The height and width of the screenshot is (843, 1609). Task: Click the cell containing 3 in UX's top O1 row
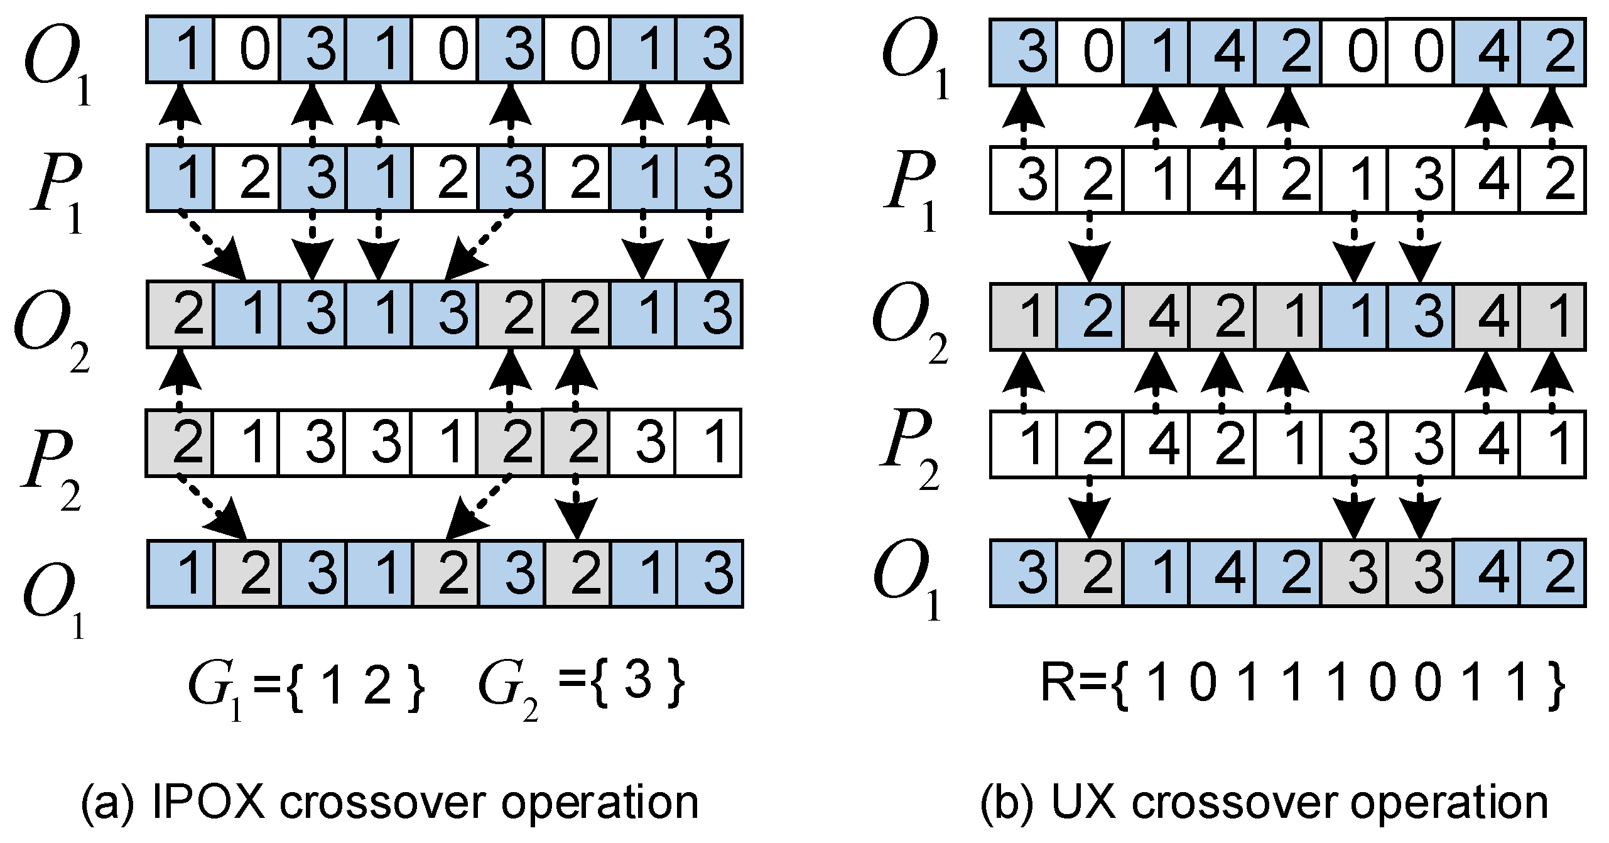pyautogui.click(x=1023, y=51)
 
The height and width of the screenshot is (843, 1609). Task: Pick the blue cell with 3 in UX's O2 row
pyautogui.click(x=1420, y=315)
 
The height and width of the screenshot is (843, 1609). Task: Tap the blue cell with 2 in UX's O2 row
pyautogui.click(x=1090, y=315)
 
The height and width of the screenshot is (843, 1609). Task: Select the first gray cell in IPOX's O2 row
pyautogui.click(x=181, y=313)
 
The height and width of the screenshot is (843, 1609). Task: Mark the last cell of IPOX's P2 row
pyautogui.click(x=708, y=443)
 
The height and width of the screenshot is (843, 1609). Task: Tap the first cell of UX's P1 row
pyautogui.click(x=1023, y=179)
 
